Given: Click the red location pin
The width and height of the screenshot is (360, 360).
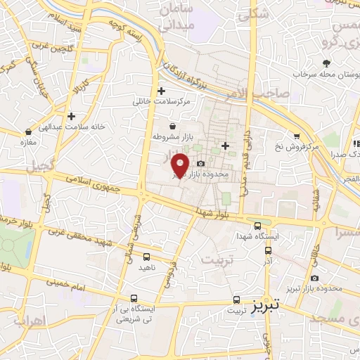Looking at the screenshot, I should coord(181,165).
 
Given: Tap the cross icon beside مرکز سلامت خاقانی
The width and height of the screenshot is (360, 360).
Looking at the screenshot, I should coord(162,90).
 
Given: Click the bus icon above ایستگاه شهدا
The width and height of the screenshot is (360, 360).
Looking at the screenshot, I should coord(257,226).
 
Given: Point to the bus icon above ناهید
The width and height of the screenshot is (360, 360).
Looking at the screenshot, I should coord(146,257).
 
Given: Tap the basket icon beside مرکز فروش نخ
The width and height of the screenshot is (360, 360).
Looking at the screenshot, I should coord(296,137).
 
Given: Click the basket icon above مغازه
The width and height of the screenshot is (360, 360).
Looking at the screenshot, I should coord(28,131).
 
